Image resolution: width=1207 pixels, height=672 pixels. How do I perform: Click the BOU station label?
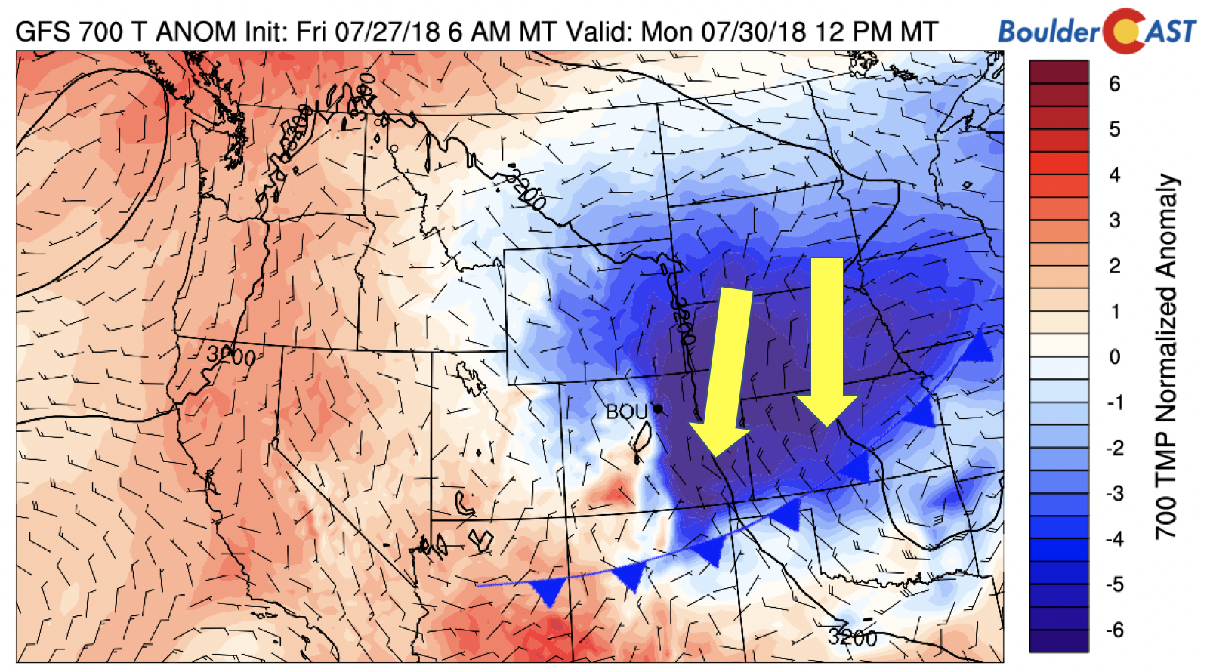(627, 412)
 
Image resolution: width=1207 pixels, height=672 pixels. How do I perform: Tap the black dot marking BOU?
(658, 408)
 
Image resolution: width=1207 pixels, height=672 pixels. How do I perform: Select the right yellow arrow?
(827, 340)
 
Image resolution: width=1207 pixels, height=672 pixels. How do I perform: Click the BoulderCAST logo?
(1097, 31)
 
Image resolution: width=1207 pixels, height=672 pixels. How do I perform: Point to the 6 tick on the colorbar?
(1114, 84)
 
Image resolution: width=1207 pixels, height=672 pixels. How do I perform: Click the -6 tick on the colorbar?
(1114, 630)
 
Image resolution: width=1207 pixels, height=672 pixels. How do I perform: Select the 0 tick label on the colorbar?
(1114, 356)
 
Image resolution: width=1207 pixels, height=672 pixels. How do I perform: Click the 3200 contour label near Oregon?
(230, 355)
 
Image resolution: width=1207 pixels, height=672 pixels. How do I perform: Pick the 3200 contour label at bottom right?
(852, 637)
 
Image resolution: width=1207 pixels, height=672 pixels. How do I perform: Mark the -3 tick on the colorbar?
(1114, 493)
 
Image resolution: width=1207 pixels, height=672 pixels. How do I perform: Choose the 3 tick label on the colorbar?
(1114, 220)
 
